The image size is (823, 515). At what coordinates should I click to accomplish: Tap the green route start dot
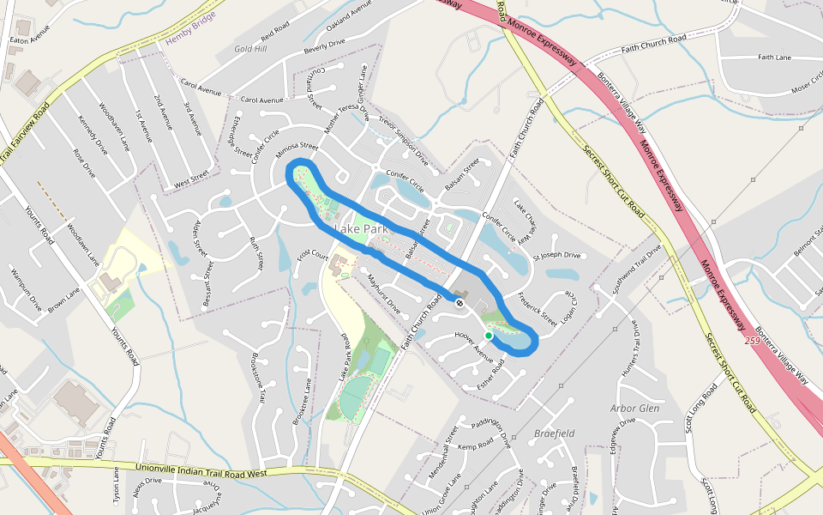coord(488,336)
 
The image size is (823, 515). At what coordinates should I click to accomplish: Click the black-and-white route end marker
coord(460,303)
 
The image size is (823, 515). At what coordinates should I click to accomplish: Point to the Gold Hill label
coord(250,49)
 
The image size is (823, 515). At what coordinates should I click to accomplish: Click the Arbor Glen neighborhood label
coord(635,409)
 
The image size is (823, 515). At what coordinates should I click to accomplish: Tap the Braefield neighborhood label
coord(554,433)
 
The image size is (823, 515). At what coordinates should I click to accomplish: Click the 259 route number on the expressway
coord(753,342)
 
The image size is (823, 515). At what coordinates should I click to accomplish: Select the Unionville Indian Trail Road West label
coord(202,470)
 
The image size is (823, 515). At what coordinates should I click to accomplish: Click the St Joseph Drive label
coord(557,256)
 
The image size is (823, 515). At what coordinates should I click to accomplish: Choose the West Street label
coord(191,182)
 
